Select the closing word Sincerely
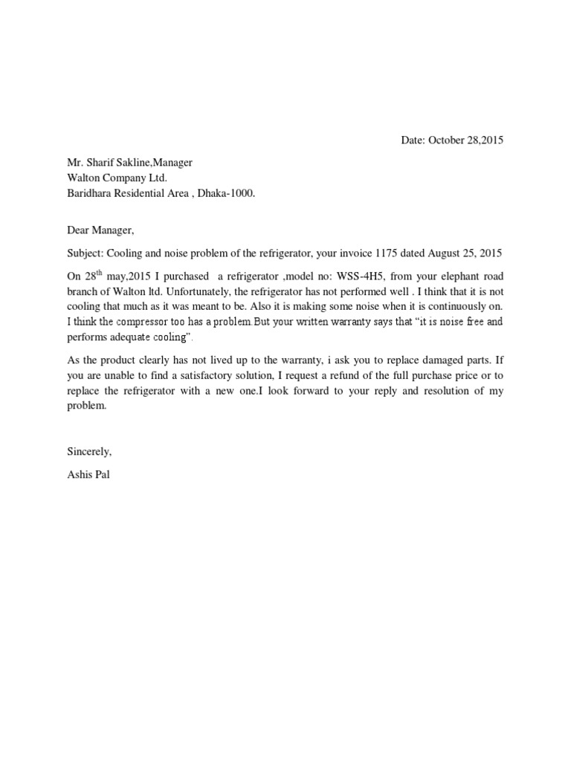coord(89,451)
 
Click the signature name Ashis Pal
coord(88,475)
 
